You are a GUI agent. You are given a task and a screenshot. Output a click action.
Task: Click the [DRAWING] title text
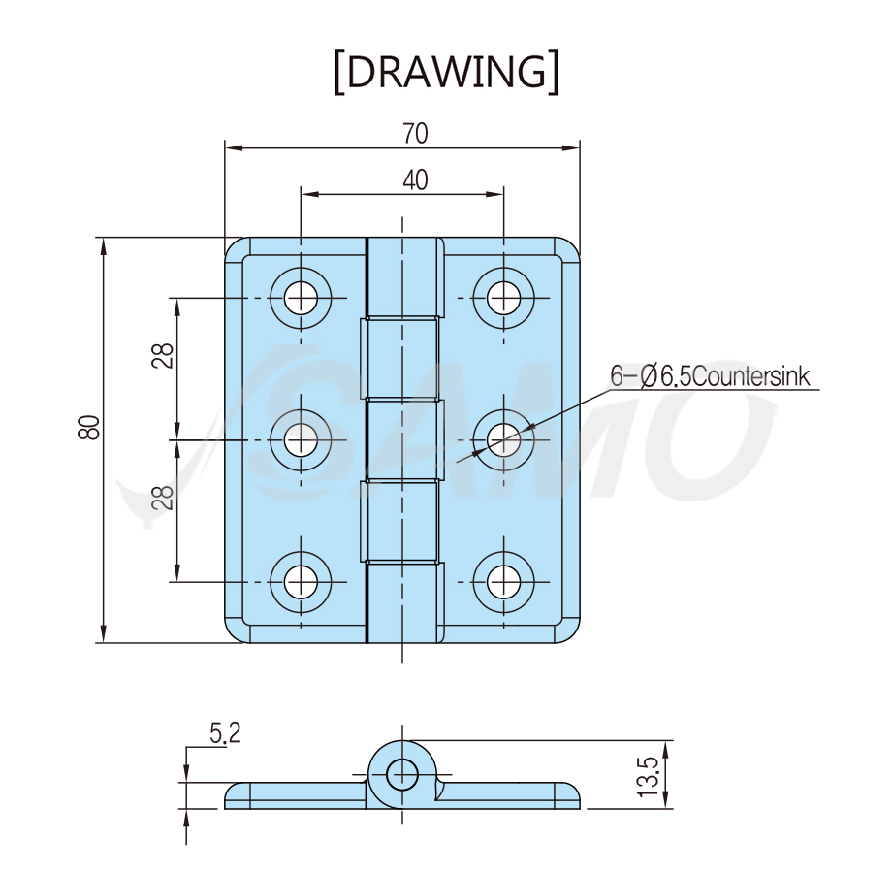(446, 72)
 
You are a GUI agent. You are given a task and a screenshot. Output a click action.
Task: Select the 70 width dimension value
(415, 133)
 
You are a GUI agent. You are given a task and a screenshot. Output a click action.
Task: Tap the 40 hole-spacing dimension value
(415, 180)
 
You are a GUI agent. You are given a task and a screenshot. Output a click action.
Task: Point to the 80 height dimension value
(89, 428)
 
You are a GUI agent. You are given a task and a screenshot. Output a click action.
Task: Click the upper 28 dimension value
(163, 356)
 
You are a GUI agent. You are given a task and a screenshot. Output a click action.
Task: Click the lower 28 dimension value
(163, 497)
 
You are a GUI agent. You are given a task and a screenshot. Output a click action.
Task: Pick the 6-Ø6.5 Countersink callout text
(710, 376)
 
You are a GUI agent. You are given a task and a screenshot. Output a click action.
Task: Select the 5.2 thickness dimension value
(225, 732)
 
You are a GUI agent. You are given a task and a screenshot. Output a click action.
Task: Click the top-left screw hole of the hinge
(301, 298)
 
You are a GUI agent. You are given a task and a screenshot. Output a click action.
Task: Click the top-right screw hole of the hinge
(503, 298)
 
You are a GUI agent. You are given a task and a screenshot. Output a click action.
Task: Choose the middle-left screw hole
(301, 440)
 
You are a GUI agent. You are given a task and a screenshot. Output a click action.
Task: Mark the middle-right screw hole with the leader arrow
(503, 440)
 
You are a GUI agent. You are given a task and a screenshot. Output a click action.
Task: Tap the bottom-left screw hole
(301, 582)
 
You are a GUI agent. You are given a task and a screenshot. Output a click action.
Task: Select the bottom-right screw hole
(503, 582)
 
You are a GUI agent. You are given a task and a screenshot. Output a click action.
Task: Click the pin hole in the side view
(402, 774)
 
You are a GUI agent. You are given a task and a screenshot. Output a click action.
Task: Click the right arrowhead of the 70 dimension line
(571, 148)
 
